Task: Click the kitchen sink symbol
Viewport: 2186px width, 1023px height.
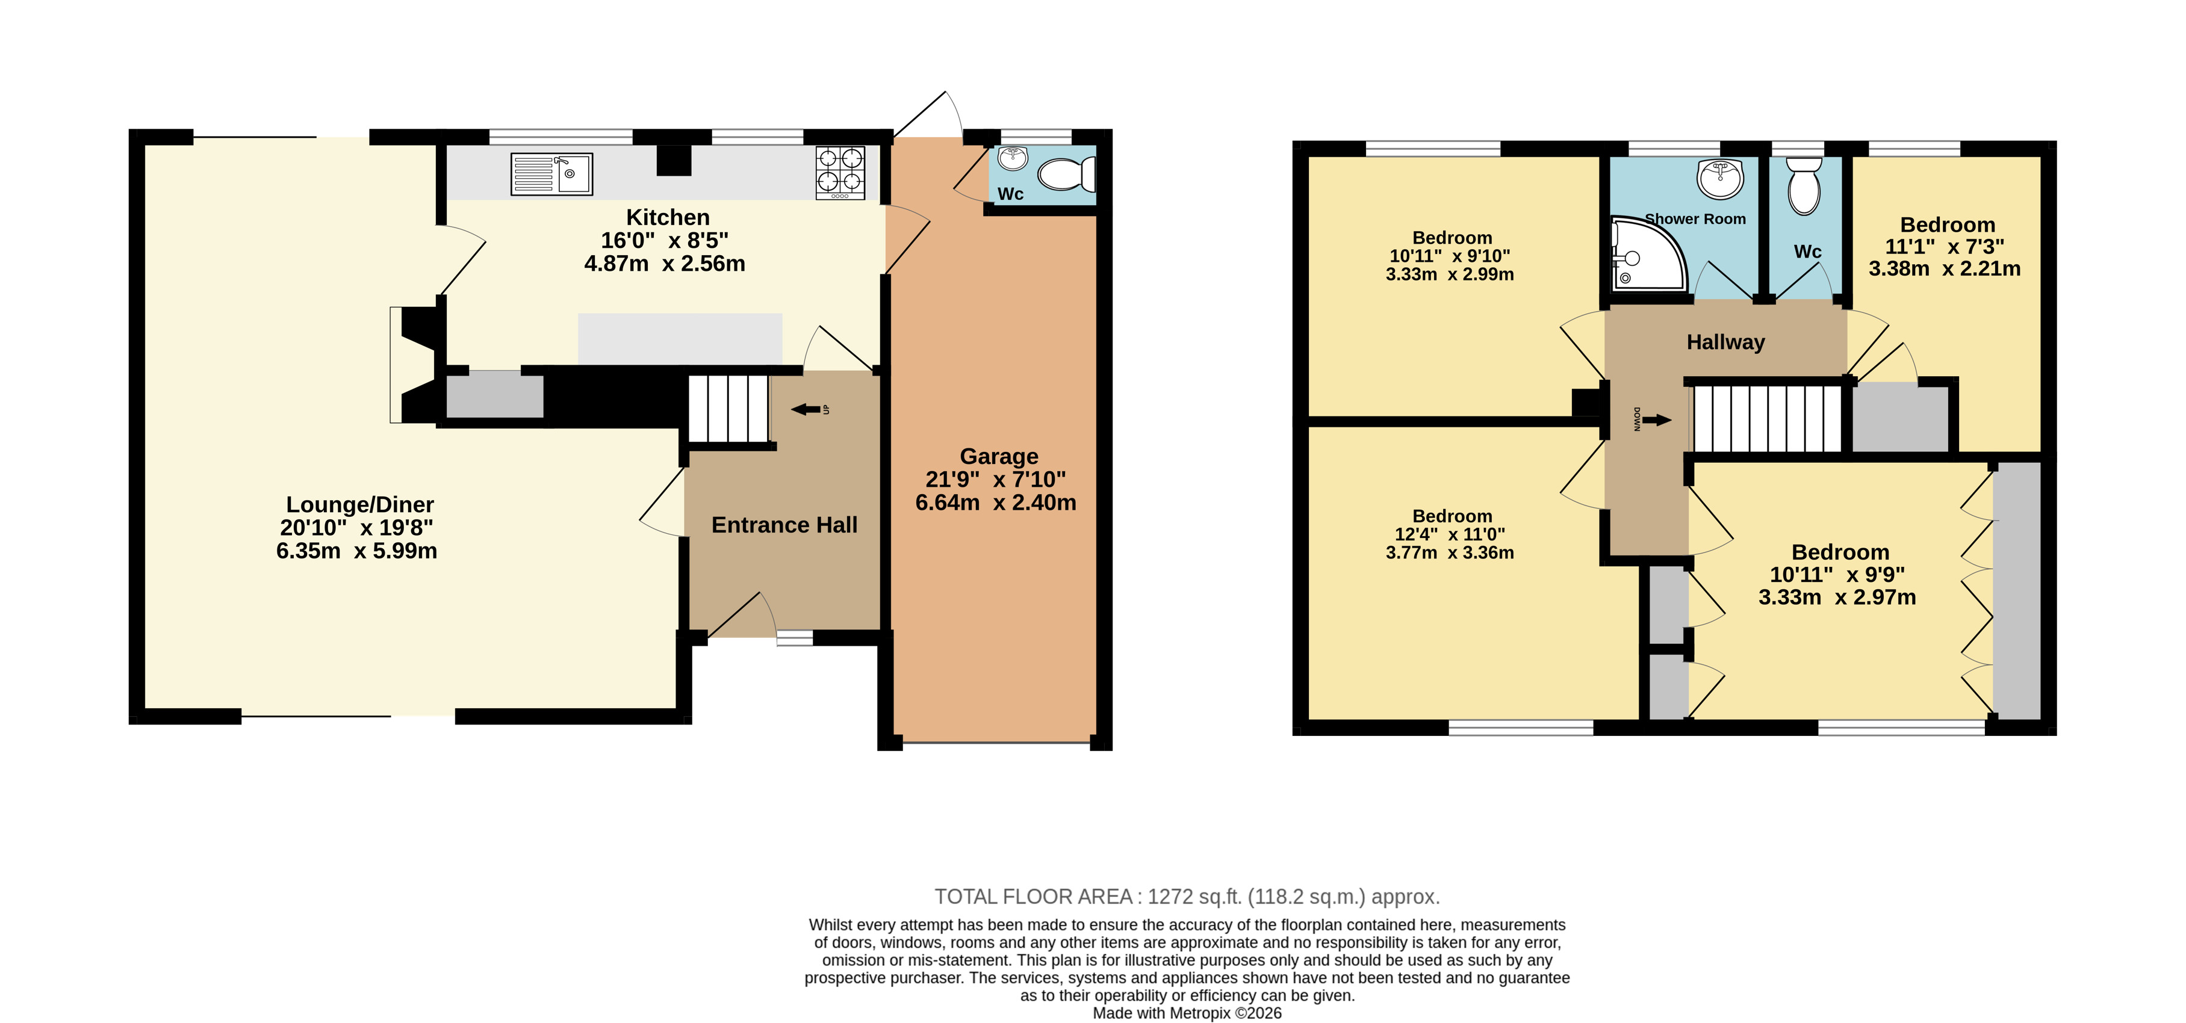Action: click(x=551, y=174)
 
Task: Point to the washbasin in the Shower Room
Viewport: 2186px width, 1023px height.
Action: click(x=1719, y=179)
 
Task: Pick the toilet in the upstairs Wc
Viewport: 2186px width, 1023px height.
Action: click(x=1804, y=187)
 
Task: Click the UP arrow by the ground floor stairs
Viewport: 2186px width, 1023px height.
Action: click(x=806, y=410)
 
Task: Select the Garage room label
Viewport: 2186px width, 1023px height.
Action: click(x=999, y=456)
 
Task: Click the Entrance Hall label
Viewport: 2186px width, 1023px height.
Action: click(x=784, y=525)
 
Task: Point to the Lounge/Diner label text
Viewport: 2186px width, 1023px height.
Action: click(x=360, y=505)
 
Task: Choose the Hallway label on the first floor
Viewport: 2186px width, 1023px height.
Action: click(x=1725, y=342)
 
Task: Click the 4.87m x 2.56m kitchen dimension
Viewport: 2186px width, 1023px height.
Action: click(x=665, y=264)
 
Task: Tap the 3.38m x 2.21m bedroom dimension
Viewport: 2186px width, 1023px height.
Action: click(x=1944, y=269)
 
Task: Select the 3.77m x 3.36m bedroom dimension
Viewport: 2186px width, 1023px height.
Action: click(x=1450, y=553)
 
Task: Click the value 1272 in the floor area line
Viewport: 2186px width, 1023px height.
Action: click(x=1169, y=897)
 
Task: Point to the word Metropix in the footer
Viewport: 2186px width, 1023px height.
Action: click(x=1200, y=1013)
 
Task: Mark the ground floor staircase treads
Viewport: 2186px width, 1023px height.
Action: click(x=728, y=409)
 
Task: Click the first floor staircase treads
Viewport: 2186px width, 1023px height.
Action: click(x=1768, y=419)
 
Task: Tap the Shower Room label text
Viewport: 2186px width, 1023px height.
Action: click(x=1695, y=219)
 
